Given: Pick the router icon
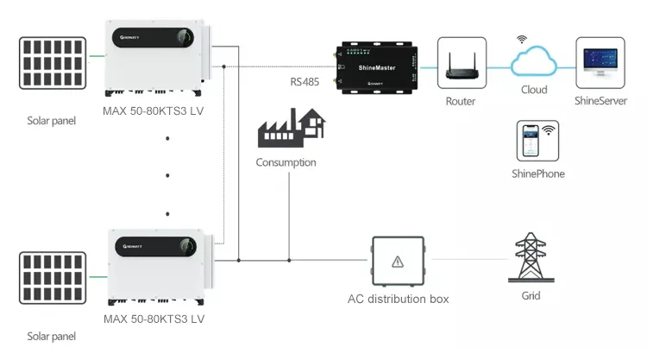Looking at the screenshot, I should tap(461, 66).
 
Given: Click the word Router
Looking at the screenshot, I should tap(461, 101).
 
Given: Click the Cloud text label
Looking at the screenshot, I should tap(534, 90).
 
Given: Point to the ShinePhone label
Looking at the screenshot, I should tap(538, 174).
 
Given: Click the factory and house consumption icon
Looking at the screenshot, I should tap(290, 129).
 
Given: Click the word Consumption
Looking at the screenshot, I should tap(286, 162).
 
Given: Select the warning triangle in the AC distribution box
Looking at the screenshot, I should tap(397, 260).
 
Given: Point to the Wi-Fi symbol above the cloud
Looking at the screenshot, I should tap(521, 40).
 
